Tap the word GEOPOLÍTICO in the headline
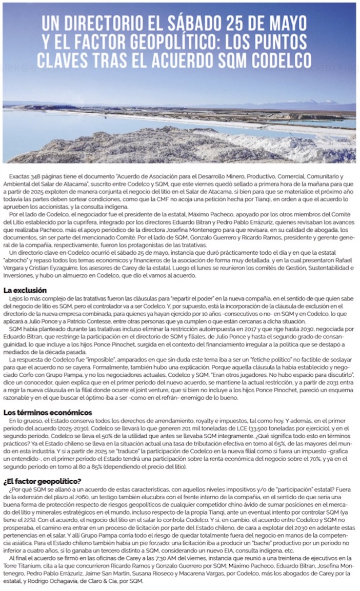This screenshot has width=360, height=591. pyautogui.click(x=162, y=42)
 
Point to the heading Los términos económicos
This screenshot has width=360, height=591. pyautogui.click(x=48, y=412)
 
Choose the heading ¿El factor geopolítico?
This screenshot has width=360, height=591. pyautogui.click(x=42, y=481)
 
